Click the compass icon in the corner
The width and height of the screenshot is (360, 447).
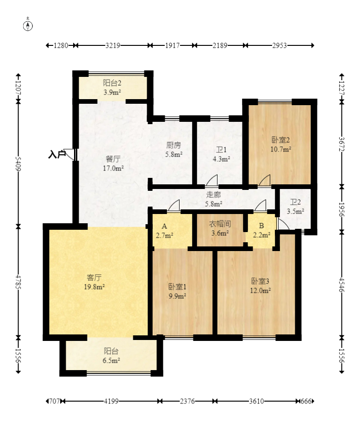pyautogui.click(x=28, y=25)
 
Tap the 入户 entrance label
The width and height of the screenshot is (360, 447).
pyautogui.click(x=57, y=155)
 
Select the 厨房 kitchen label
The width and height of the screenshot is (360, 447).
pyautogui.click(x=174, y=145)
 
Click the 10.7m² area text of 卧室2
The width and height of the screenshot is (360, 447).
pyautogui.click(x=280, y=149)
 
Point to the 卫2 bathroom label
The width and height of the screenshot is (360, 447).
pyautogui.click(x=295, y=202)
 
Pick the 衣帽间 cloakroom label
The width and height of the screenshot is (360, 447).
pyautogui.click(x=220, y=224)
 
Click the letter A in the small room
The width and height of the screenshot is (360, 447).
pyautogui.click(x=164, y=227)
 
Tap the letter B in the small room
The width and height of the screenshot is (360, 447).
pyautogui.click(x=261, y=226)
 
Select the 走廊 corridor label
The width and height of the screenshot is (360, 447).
pyautogui.click(x=214, y=195)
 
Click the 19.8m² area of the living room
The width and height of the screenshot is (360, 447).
pyautogui.click(x=94, y=287)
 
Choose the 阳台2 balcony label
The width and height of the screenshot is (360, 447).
pyautogui.click(x=112, y=83)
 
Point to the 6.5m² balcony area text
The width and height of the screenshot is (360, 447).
pyautogui.click(x=111, y=361)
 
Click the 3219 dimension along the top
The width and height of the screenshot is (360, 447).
pyautogui.click(x=113, y=45)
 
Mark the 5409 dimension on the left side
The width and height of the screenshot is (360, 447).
pyautogui.click(x=18, y=164)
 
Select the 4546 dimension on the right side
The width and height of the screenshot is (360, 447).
pyautogui.click(x=342, y=284)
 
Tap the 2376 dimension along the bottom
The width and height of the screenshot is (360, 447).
pyautogui.click(x=187, y=401)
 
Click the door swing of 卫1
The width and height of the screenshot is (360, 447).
pyautogui.click(x=212, y=181)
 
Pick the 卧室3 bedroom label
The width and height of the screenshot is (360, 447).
pyautogui.click(x=261, y=281)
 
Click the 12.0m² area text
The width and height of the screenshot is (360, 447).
pyautogui.click(x=261, y=290)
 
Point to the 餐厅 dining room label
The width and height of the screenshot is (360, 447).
pyautogui.click(x=113, y=159)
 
